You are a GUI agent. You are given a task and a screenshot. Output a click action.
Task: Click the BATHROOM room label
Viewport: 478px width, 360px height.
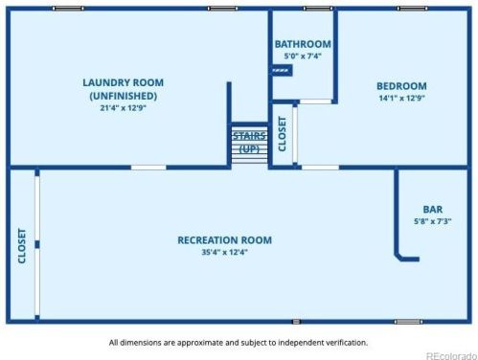pyautogui.click(x=303, y=44)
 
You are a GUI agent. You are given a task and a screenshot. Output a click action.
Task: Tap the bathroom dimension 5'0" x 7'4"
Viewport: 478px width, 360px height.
pyautogui.click(x=303, y=56)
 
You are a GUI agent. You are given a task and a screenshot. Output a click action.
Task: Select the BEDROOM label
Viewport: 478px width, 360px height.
pyautogui.click(x=401, y=86)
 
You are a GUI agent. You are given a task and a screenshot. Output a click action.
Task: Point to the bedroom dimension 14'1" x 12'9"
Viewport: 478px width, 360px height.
pyautogui.click(x=401, y=98)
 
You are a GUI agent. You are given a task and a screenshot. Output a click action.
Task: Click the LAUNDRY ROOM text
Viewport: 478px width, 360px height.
pyautogui.click(x=124, y=82)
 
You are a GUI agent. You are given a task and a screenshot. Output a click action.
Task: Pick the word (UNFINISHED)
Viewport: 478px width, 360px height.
pyautogui.click(x=124, y=96)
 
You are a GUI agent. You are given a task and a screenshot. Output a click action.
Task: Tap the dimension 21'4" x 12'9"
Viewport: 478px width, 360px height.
pyautogui.click(x=124, y=108)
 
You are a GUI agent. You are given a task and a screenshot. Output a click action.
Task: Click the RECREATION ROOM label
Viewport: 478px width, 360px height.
pyautogui.click(x=225, y=240)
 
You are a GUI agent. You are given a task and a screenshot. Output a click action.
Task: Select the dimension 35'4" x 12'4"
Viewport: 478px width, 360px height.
pyautogui.click(x=225, y=252)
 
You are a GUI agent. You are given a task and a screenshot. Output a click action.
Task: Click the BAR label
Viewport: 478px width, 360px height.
pyautogui.click(x=433, y=210)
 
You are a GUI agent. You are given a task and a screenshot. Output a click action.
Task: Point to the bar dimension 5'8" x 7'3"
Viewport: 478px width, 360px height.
pyautogui.click(x=433, y=221)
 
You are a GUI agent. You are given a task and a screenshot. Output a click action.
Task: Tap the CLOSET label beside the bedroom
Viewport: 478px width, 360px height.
pyautogui.click(x=283, y=134)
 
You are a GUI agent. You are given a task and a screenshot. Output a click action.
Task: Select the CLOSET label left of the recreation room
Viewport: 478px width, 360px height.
pyautogui.click(x=22, y=246)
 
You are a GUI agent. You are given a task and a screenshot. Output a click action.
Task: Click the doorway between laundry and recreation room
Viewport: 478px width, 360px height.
pyautogui.click(x=148, y=168)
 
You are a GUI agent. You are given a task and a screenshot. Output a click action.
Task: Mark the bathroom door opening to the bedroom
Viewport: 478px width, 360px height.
pyautogui.click(x=315, y=101)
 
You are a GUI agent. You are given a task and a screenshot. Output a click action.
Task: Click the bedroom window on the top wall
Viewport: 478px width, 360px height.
pyautogui.click(x=413, y=9)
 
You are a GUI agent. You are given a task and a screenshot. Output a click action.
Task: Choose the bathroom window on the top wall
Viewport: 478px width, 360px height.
pyautogui.click(x=318, y=9)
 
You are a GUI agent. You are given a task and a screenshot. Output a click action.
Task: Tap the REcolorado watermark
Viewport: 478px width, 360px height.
pyautogui.click(x=451, y=355)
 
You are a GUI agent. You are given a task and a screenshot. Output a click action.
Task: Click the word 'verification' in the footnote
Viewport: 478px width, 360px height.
pyautogui.click(x=347, y=343)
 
